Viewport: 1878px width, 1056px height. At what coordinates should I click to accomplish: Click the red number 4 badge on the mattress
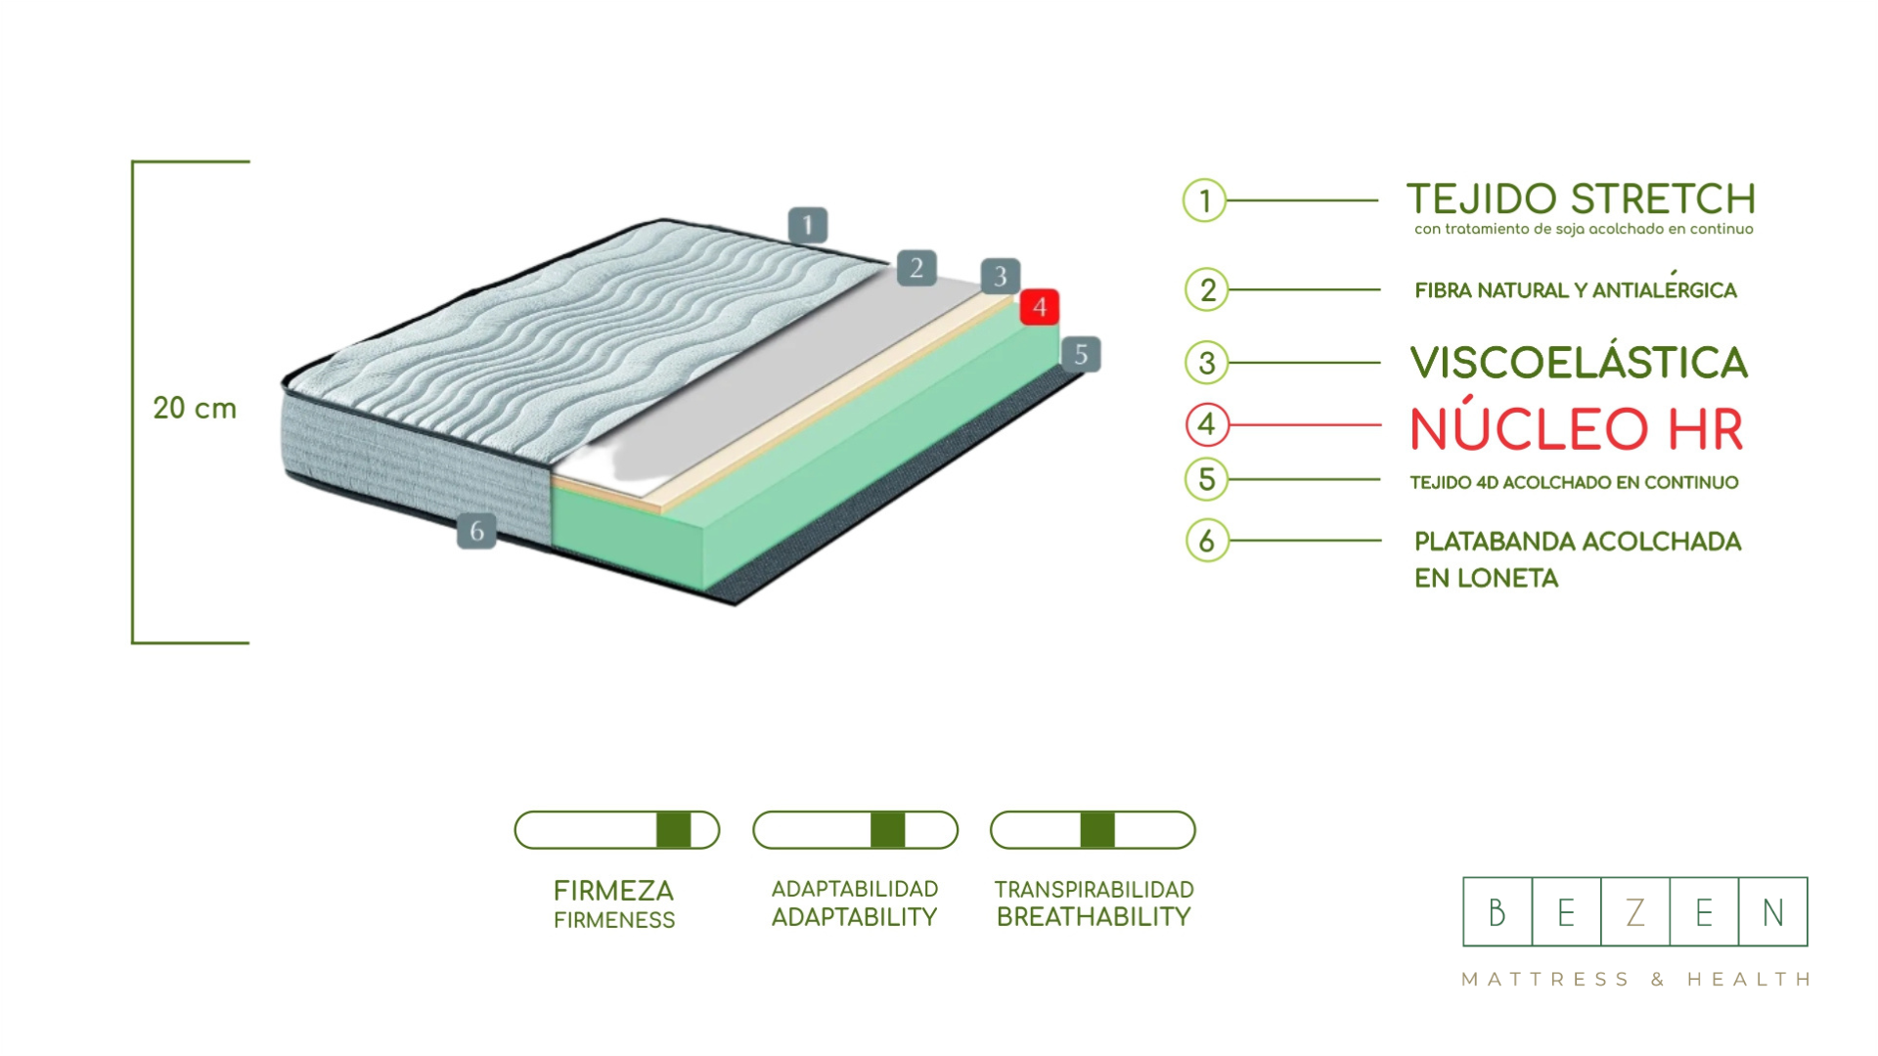1039,307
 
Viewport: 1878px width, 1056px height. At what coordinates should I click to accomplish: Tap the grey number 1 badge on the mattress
808,226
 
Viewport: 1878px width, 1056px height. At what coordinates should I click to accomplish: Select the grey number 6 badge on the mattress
476,531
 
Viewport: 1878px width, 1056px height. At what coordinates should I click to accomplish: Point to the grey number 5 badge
1081,354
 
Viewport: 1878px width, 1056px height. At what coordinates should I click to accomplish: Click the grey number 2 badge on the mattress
917,268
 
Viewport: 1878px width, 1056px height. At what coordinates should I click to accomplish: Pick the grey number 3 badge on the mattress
1000,276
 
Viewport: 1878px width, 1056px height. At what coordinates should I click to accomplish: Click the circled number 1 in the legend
1204,200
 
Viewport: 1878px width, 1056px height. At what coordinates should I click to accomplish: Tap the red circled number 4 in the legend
1207,424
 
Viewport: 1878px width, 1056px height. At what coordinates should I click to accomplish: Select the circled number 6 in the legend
1207,540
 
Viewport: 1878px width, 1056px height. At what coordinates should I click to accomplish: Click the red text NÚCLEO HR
1577,428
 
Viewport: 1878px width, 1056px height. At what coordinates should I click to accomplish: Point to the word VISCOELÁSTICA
1578,363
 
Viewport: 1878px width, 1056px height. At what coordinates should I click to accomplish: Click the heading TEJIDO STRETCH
1581,199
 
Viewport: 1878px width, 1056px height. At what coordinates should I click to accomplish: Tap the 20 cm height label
195,408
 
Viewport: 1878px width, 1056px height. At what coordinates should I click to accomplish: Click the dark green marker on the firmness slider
673,830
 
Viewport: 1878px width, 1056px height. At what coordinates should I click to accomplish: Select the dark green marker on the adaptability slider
887,830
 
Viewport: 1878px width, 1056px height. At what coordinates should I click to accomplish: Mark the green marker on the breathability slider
1097,830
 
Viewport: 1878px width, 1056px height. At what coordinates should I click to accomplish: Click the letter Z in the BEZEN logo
1635,912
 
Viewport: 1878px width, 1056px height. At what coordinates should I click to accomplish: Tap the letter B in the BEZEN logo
1497,912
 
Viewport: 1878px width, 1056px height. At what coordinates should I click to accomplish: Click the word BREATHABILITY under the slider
1094,917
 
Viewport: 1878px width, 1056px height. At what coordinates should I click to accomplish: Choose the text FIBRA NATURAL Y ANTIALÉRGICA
1575,290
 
